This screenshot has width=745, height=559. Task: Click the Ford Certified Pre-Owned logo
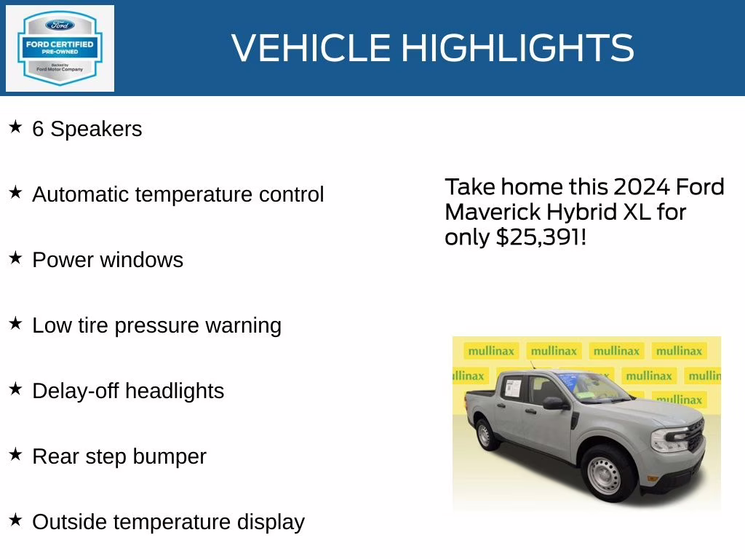pos(60,48)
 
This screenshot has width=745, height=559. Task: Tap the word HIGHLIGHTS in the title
pos(517,48)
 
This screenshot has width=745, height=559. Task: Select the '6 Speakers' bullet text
pos(87,130)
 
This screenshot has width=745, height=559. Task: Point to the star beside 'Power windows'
pos(15,258)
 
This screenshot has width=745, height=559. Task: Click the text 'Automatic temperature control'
pos(178,195)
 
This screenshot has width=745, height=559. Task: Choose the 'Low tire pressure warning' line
pos(156,325)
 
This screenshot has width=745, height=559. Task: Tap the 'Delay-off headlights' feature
pos(128,391)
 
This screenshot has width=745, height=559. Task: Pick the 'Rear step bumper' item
pos(119,456)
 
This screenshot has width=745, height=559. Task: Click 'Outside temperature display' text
pos(168,522)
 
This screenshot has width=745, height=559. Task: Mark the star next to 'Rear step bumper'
pos(15,455)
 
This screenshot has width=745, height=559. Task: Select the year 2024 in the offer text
pos(642,187)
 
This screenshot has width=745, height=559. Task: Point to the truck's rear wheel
pos(485,435)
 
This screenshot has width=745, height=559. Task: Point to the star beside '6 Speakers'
pos(15,127)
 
